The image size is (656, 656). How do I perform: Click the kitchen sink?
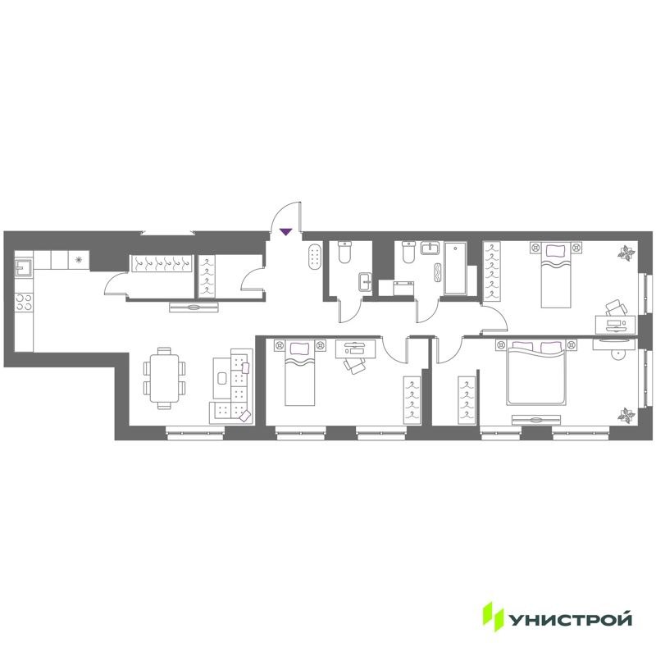tap(24, 267)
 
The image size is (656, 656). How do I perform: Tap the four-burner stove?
tap(24, 301)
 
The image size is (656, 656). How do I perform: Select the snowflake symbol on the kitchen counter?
tap(79, 260)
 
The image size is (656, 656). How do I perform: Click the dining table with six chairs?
tap(165, 376)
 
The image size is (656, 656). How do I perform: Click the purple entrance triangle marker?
tap(285, 232)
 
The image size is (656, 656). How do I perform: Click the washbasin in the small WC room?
tap(366, 283)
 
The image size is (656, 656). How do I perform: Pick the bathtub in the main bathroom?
tap(455, 268)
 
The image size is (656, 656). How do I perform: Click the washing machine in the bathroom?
tap(403, 286)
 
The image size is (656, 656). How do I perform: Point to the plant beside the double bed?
tap(627, 415)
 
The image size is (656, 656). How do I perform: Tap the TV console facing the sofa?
tap(194, 307)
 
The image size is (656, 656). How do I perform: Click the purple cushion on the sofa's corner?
tap(244, 417)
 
